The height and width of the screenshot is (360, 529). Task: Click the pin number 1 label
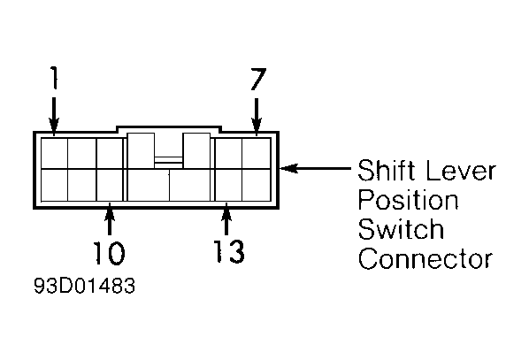pos(54,77)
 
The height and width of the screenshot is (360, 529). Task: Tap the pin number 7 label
pos(258,79)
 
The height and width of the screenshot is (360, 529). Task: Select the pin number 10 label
pos(109,253)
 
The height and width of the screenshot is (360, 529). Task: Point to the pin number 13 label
pos(228,251)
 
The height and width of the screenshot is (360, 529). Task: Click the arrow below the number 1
pos(54,117)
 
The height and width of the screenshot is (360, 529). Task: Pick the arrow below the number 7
pos(257,117)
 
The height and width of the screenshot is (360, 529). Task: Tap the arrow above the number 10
pos(110,218)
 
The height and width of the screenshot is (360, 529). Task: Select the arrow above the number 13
pos(226,218)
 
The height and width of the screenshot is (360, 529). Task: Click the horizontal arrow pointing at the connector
pos(315,168)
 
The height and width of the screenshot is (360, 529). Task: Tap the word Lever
pos(461,171)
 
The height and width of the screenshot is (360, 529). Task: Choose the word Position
pos(408,199)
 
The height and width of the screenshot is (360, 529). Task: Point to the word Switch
pos(401,228)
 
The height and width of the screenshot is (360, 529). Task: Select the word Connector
pos(425,258)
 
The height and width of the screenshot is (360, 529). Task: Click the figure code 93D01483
pos(84,286)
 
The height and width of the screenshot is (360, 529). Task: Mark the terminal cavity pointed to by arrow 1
pos(54,153)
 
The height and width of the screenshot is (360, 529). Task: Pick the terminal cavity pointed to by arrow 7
pos(256,153)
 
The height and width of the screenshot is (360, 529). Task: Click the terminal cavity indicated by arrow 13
pos(228,185)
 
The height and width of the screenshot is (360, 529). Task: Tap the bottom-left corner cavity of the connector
pos(54,185)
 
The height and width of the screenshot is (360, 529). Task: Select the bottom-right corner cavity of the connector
pos(256,185)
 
